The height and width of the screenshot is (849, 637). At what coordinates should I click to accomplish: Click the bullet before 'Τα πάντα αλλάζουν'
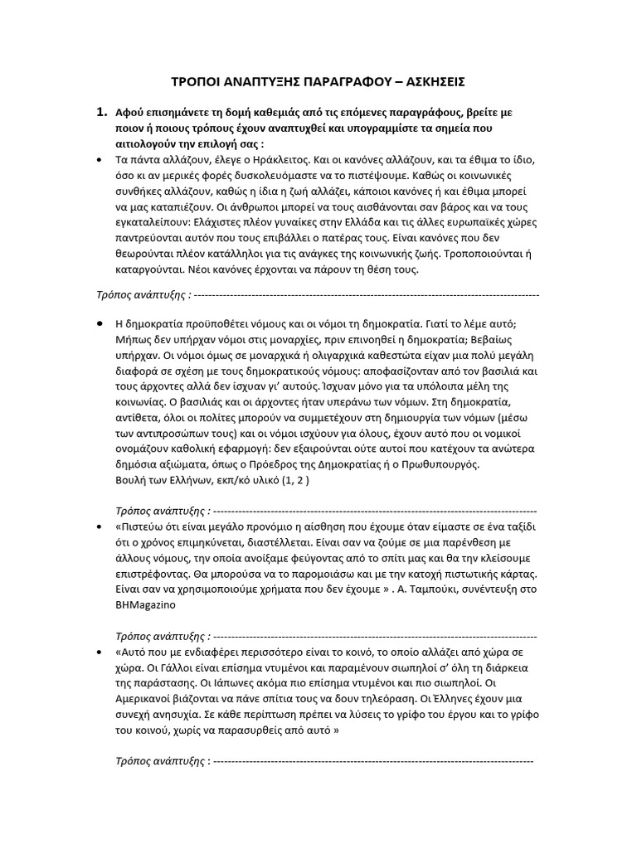click(100, 159)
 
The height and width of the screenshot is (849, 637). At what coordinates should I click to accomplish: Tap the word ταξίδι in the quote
click(519, 527)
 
